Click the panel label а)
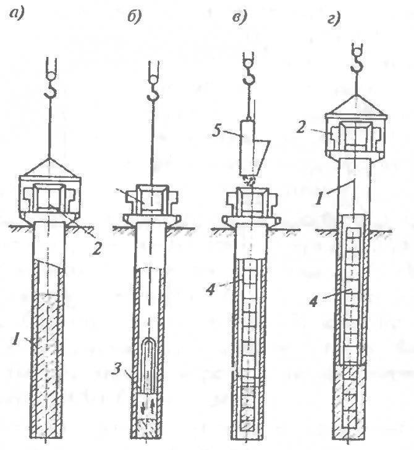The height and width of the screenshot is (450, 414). [16, 14]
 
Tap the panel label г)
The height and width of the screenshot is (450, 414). [334, 19]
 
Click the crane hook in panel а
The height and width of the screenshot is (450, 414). [51, 90]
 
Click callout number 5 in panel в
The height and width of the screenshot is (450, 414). [217, 131]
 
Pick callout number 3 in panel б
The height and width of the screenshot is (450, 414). [116, 369]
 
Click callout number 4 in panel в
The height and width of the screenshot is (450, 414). [211, 289]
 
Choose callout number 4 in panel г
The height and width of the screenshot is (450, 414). [315, 301]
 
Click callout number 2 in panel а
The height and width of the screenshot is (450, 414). [96, 249]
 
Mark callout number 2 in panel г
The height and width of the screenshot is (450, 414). [300, 127]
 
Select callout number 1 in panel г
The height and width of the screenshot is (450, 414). [318, 198]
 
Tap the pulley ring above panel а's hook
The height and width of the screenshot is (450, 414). [51, 76]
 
